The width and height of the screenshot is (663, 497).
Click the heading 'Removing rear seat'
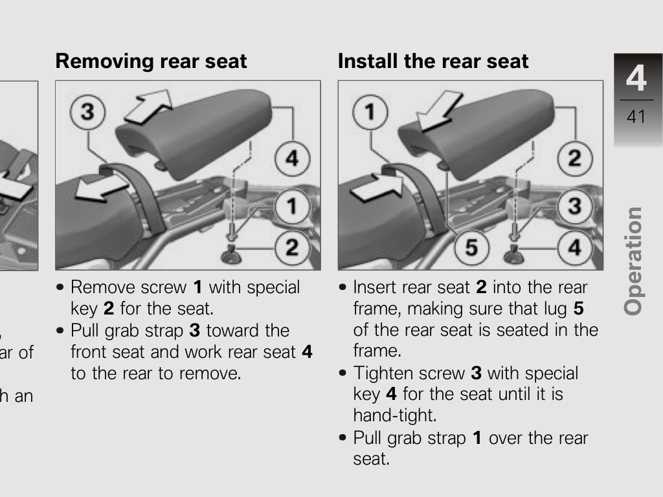click(151, 61)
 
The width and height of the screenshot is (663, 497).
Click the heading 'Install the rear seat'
click(433, 61)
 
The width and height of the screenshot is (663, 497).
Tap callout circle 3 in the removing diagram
click(87, 112)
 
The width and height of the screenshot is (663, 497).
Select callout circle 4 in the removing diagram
click(292, 159)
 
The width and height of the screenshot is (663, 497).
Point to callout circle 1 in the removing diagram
click(292, 206)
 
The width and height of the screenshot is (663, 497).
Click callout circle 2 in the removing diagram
click(292, 248)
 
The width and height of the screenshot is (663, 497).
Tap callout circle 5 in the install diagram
click(471, 248)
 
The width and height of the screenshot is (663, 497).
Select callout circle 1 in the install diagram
click(370, 112)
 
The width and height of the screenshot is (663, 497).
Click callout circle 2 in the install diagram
click(575, 159)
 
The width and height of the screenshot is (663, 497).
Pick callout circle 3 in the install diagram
click(575, 206)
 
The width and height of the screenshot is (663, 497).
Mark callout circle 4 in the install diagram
click(575, 248)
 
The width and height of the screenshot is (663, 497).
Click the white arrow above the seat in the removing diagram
click(149, 107)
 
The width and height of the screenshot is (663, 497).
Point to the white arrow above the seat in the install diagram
click(439, 111)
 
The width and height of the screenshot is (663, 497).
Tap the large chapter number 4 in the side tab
click(636, 78)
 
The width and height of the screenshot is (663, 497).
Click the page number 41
click(636, 116)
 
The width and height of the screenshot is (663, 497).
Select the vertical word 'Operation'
click(633, 261)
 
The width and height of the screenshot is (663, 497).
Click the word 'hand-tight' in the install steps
click(394, 415)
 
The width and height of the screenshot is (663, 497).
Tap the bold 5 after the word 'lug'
click(578, 309)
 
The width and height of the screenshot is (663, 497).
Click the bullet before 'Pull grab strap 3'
click(60, 330)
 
